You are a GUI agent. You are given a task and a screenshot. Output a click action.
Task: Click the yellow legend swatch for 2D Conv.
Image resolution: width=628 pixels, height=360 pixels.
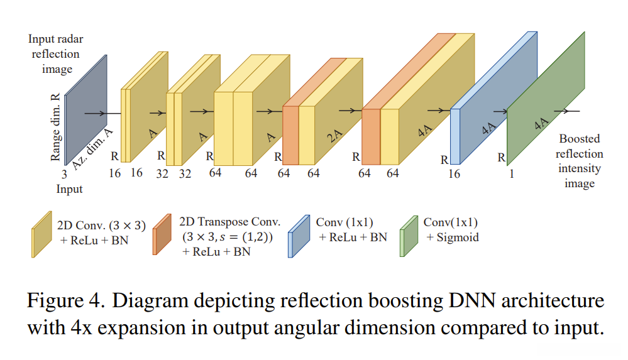[x=41, y=234]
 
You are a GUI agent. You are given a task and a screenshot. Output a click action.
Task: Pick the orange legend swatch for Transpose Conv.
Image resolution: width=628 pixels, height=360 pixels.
[x=162, y=234]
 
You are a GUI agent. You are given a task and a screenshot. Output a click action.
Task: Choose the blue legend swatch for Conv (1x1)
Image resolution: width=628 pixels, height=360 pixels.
[x=299, y=234]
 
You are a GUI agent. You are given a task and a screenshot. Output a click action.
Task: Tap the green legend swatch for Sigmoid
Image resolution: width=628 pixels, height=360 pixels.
[x=409, y=234]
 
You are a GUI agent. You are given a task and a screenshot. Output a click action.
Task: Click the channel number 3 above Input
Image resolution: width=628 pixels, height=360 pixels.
[x=64, y=175]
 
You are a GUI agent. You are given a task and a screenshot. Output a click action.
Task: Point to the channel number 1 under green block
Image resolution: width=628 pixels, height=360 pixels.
[x=512, y=174]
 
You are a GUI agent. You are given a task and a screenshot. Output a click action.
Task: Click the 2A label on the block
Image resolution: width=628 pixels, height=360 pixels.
[x=336, y=135]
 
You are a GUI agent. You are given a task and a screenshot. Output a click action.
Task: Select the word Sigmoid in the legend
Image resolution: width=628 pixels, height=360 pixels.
[x=453, y=237]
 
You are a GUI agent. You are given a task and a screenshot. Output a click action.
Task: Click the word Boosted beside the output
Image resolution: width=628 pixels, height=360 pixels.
[x=579, y=139]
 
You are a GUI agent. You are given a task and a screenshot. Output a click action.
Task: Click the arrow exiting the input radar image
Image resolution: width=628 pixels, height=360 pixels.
[x=94, y=114]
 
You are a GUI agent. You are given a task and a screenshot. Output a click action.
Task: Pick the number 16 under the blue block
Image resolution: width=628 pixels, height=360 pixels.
[x=454, y=174]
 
